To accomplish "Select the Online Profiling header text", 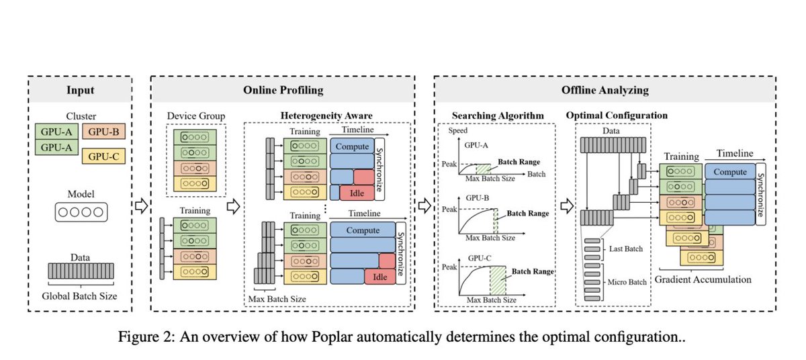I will [x=282, y=89].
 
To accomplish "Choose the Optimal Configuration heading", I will [x=617, y=115].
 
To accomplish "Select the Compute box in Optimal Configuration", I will [x=730, y=172].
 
